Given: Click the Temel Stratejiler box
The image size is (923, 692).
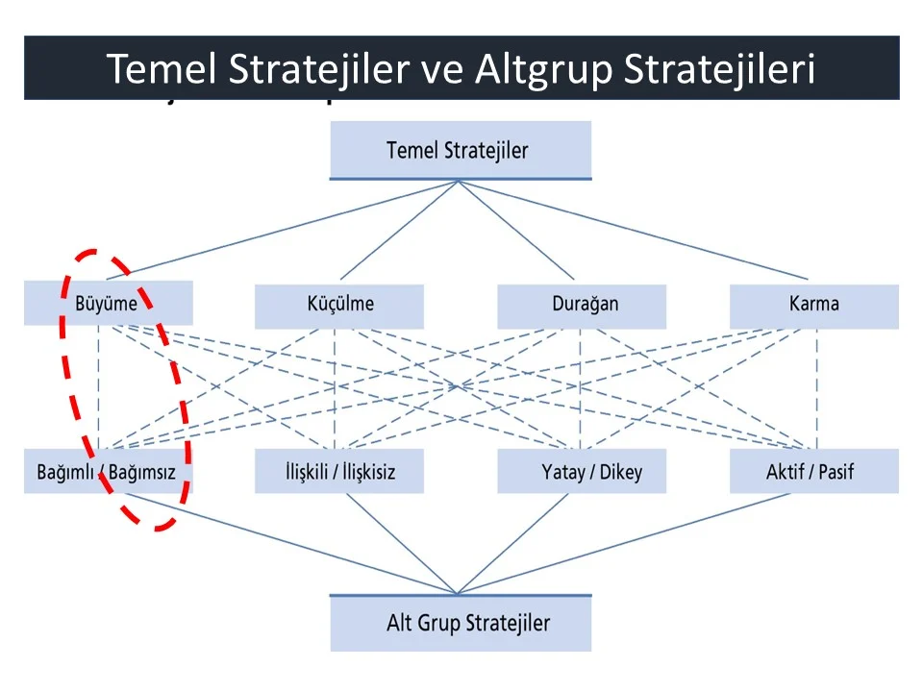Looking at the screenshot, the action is tap(461, 150).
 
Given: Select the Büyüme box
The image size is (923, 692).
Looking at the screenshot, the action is tap(109, 303).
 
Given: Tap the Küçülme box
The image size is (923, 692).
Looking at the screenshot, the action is tap(339, 307).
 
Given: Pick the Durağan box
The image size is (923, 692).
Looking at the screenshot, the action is tap(582, 307).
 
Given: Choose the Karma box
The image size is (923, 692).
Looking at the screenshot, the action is tap(814, 307).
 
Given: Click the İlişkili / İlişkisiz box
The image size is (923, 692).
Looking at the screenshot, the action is tap(339, 471).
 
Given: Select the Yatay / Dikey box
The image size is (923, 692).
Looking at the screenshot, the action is tap(582, 471).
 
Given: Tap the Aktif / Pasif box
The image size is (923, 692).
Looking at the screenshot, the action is tap(814, 471).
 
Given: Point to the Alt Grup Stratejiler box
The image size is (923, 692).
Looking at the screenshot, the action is tap(461, 623).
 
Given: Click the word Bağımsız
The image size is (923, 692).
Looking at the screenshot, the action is tap(142, 472).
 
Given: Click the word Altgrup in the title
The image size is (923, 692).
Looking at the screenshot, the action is tap(544, 69).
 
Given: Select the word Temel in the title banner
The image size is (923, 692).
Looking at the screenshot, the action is tap(162, 68).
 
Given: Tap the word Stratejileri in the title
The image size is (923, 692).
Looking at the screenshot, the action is tap(719, 70).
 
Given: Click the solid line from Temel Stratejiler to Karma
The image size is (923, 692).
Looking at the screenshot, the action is tap(634, 230).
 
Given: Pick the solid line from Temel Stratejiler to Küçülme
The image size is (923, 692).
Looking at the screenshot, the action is tap(399, 230).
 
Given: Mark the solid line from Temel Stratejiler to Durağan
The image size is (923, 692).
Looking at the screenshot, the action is tap(516, 230).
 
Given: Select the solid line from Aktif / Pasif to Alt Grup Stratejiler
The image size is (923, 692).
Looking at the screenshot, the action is tap(623, 543).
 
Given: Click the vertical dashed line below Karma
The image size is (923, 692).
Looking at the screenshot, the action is tap(817, 388).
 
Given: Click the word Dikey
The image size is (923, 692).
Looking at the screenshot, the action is tap(621, 472).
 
